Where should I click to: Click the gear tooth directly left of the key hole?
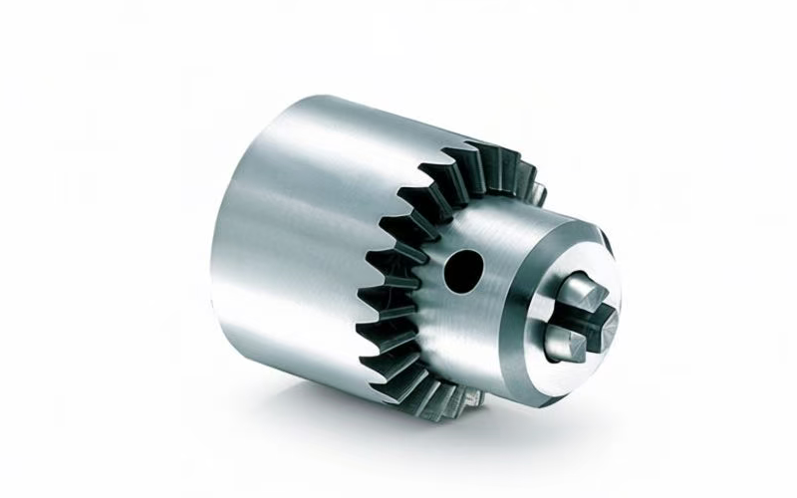(x=413, y=261)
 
